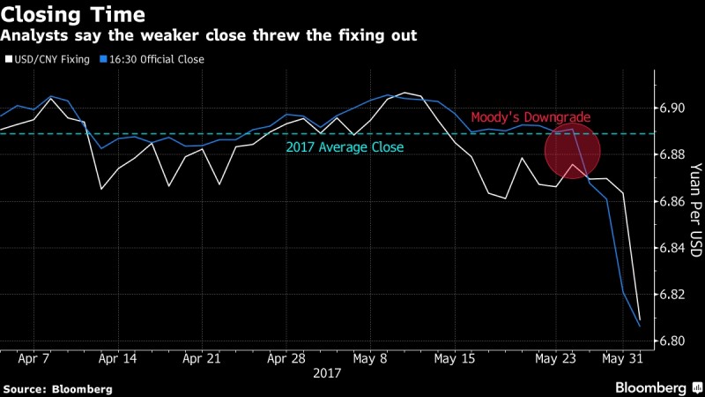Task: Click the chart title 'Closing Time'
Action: click(x=73, y=16)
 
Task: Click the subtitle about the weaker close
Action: click(x=208, y=36)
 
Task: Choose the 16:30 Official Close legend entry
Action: click(x=152, y=60)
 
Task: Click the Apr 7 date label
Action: click(x=33, y=360)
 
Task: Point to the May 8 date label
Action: click(x=370, y=360)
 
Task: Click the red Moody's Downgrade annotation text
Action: click(x=530, y=117)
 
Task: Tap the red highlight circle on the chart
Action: click(x=573, y=150)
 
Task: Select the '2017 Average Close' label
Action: click(x=345, y=147)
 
